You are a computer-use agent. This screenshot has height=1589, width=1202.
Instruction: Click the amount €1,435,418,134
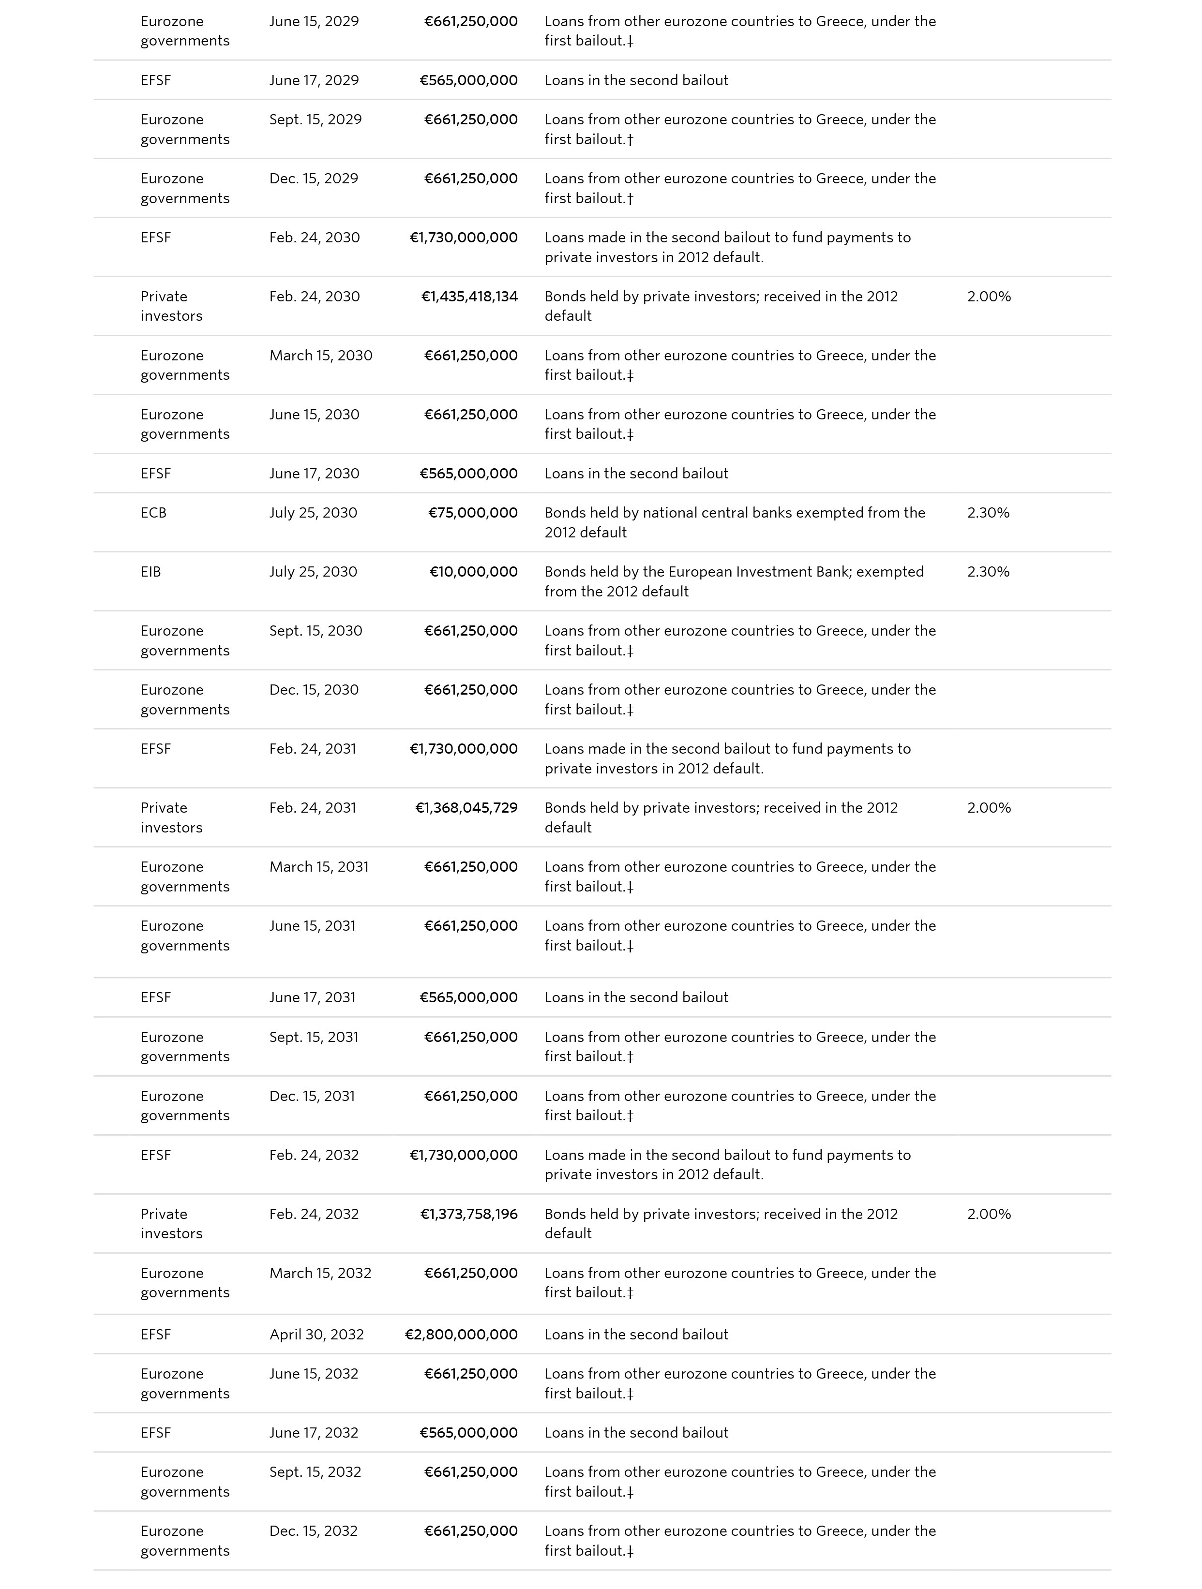coord(469,297)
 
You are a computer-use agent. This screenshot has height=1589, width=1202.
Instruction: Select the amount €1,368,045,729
coord(466,808)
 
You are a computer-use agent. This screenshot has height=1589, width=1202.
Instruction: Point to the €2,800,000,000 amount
coord(461,1335)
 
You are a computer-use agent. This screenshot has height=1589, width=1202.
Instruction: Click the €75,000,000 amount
coord(473,513)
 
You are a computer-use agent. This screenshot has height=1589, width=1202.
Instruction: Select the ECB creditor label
coord(153,513)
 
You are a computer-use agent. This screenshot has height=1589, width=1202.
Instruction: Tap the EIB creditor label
coord(151,572)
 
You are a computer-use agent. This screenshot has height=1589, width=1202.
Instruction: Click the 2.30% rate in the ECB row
coord(988,513)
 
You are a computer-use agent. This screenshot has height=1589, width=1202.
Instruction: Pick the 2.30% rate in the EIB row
coord(988,572)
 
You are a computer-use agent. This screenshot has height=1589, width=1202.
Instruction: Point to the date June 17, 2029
coord(314,80)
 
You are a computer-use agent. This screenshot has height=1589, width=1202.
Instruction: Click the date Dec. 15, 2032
coord(313,1531)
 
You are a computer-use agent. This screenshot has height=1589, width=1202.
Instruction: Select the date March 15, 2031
coord(319,867)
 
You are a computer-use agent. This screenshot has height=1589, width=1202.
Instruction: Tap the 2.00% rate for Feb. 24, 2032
coord(989,1214)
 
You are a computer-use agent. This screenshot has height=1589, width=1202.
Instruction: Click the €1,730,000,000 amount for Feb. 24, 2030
coord(464,238)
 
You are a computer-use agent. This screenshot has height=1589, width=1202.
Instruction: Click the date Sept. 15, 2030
coord(316,631)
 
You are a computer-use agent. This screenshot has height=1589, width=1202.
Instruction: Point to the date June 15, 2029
coord(314,22)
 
